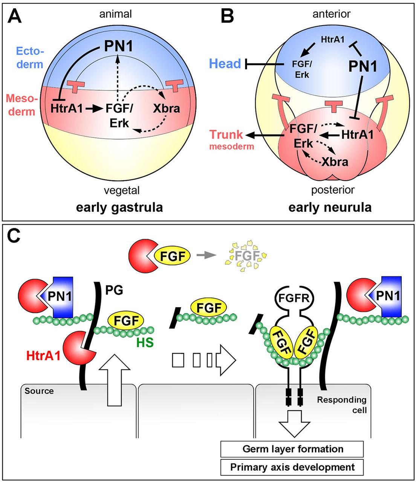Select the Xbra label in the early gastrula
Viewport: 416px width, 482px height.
coord(166,108)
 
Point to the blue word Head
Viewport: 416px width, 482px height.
coord(225,64)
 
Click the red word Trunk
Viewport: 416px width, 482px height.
coord(226,134)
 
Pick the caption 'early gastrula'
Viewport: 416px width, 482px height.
coord(119,207)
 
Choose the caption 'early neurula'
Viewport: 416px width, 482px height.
coord(330,207)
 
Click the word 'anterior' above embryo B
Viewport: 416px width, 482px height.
coord(331,14)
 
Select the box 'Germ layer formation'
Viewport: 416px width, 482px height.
coord(292,449)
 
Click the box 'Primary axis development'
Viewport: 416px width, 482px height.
coord(292,467)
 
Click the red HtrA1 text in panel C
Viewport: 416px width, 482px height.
coord(43,355)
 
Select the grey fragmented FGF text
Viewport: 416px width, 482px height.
coord(247,256)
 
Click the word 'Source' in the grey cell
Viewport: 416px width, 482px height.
coord(39,391)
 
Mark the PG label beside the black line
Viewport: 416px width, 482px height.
coord(114,290)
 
